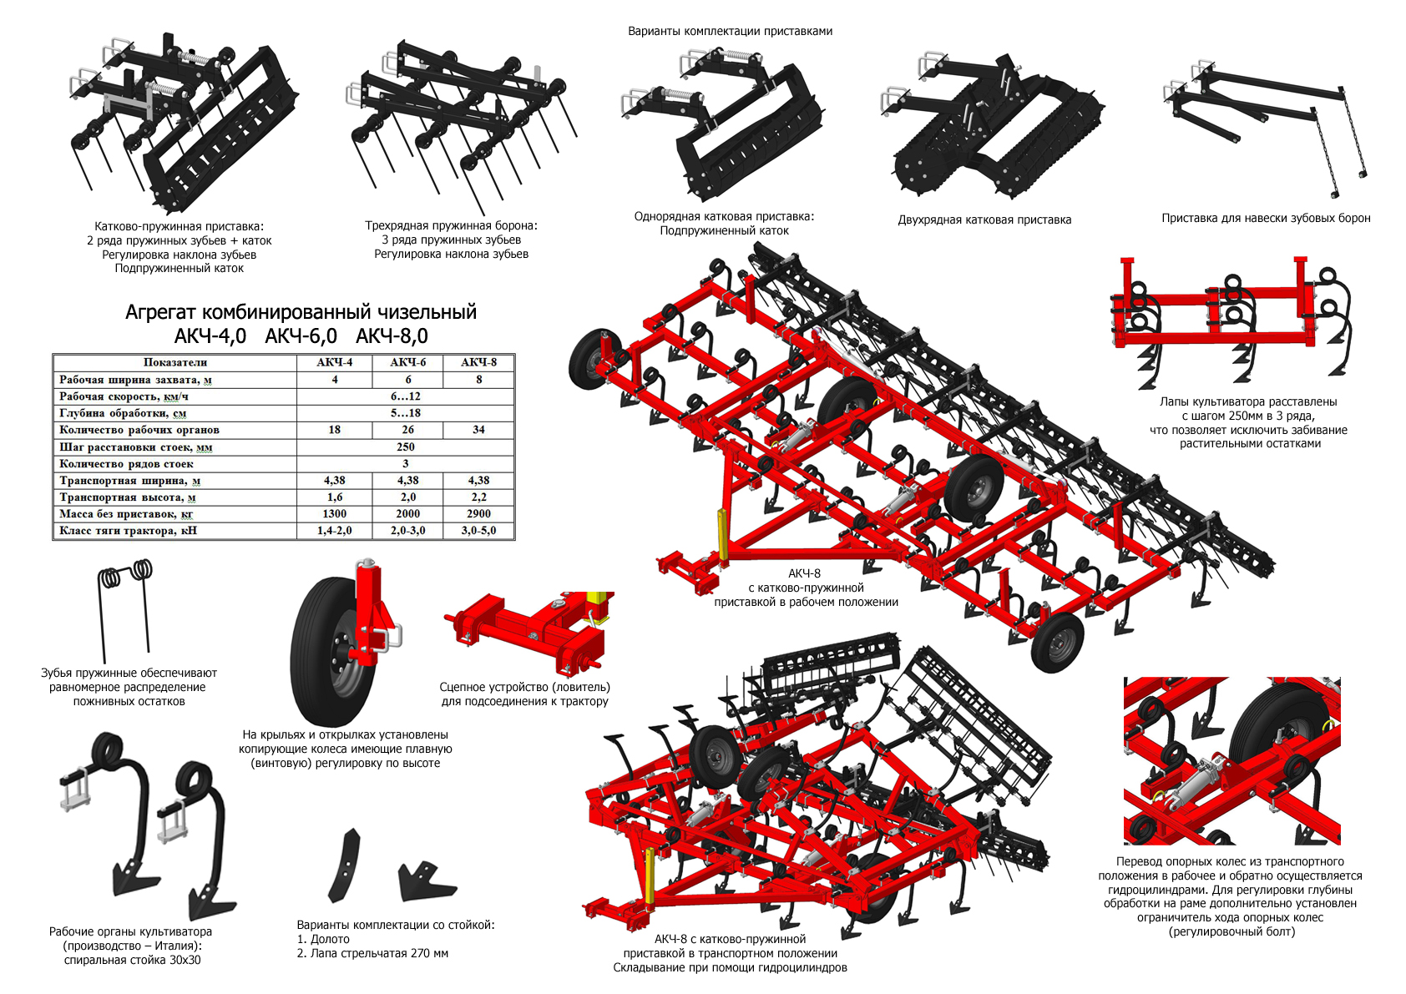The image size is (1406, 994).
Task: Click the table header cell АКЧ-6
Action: (x=407, y=362)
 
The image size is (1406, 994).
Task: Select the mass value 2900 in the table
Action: (x=478, y=513)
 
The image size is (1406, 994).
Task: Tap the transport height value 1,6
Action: (x=334, y=497)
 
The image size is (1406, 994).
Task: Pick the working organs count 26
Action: (x=407, y=430)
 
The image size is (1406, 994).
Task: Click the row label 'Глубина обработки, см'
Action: (x=123, y=413)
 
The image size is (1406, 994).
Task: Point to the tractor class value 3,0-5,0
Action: (x=478, y=530)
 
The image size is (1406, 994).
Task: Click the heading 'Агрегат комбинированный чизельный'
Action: (x=301, y=312)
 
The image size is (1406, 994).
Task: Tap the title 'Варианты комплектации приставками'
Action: (x=730, y=31)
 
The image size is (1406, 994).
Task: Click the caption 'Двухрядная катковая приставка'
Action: (x=984, y=219)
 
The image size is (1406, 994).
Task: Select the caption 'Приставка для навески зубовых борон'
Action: (x=1266, y=218)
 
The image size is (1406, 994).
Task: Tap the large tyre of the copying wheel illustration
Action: (x=326, y=651)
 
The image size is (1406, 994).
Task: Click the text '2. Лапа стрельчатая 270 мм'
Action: (x=372, y=953)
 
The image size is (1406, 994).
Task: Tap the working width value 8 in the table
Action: (x=478, y=379)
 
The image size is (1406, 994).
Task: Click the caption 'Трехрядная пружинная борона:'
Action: (x=451, y=225)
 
